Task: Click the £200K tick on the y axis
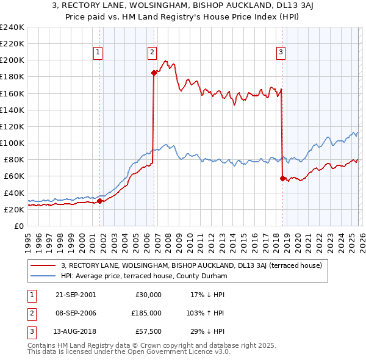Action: point(12,60)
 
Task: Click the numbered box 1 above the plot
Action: point(98,53)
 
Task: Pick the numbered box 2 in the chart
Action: point(152,53)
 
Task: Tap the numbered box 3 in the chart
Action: point(281,53)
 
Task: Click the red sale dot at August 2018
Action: point(282,178)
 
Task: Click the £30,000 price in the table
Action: point(149,295)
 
